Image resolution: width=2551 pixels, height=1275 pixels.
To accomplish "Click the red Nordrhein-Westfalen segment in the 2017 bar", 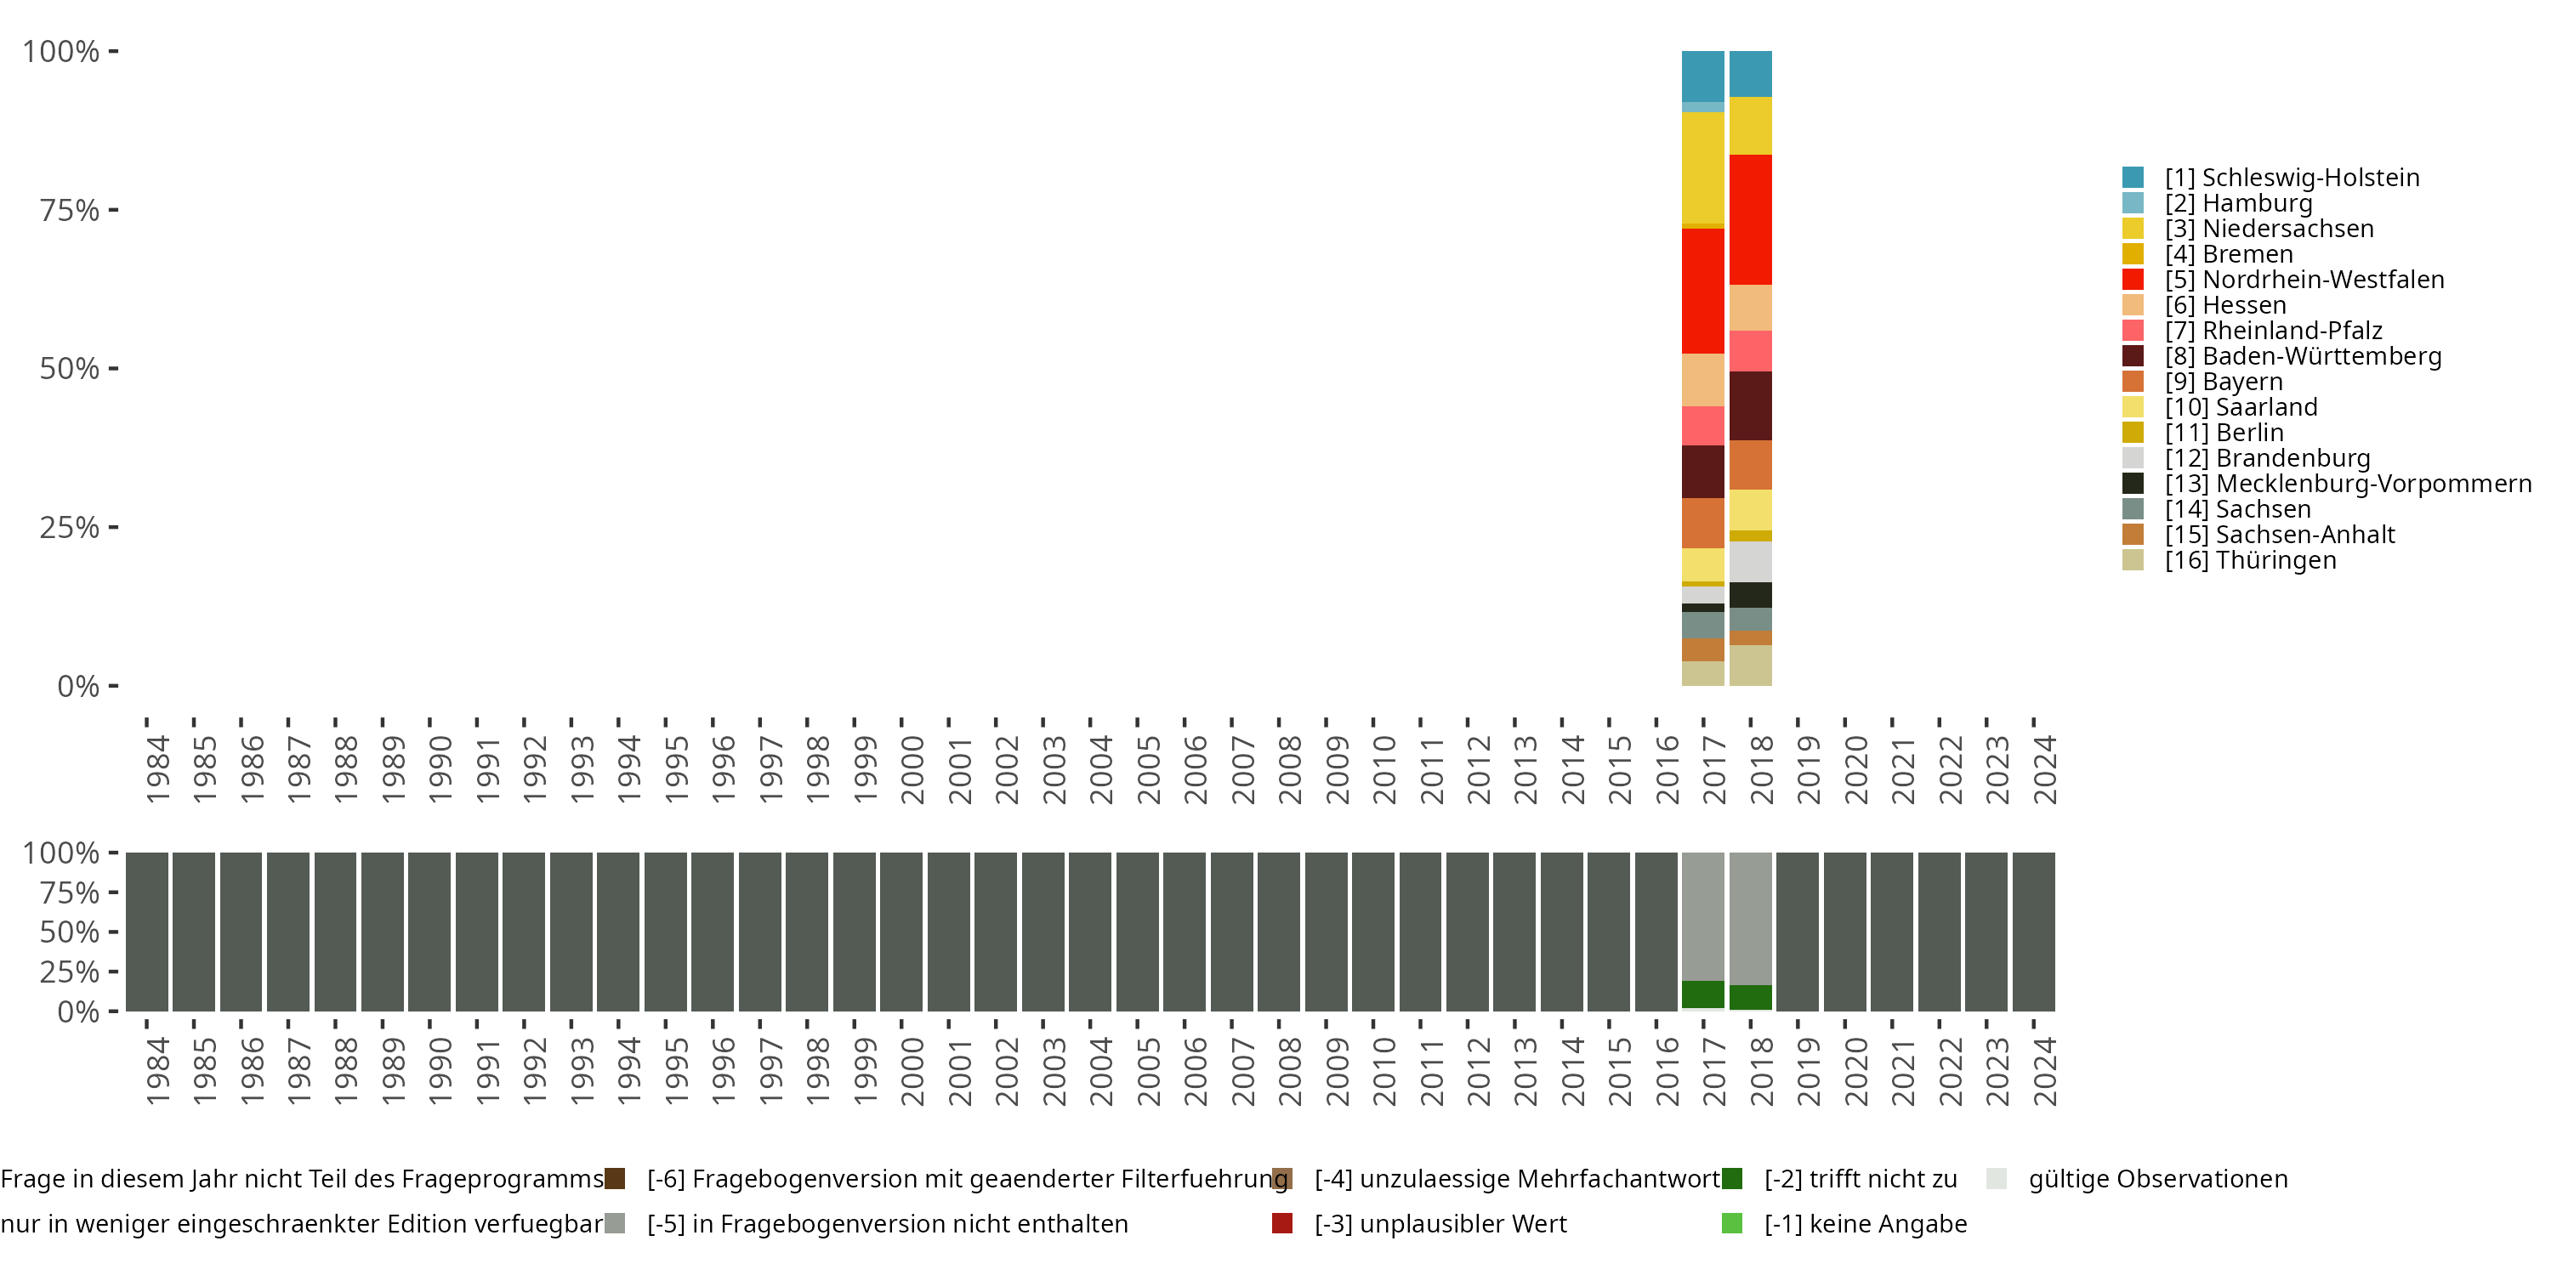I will tap(1702, 291).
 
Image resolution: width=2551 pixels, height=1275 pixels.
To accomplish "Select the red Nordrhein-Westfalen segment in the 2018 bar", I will tap(1750, 220).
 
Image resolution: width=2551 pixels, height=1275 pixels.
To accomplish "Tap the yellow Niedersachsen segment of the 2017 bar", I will tap(1702, 167).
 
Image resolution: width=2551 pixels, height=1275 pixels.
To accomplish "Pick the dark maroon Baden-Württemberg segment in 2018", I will tap(1750, 405).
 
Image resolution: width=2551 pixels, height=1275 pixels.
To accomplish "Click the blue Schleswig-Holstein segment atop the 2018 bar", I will tap(1750, 73).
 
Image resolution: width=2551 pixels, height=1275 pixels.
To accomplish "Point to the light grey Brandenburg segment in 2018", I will tap(1750, 561).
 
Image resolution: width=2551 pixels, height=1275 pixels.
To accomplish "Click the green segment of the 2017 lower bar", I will tap(1702, 994).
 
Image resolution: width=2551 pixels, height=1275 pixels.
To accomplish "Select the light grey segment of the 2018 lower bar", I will tap(1750, 919).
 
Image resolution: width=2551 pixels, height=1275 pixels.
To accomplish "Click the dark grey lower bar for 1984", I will tap(146, 932).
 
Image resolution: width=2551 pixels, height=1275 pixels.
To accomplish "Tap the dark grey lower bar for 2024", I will tap(2033, 932).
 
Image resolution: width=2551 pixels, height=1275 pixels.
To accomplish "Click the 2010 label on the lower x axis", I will tap(1383, 1072).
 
